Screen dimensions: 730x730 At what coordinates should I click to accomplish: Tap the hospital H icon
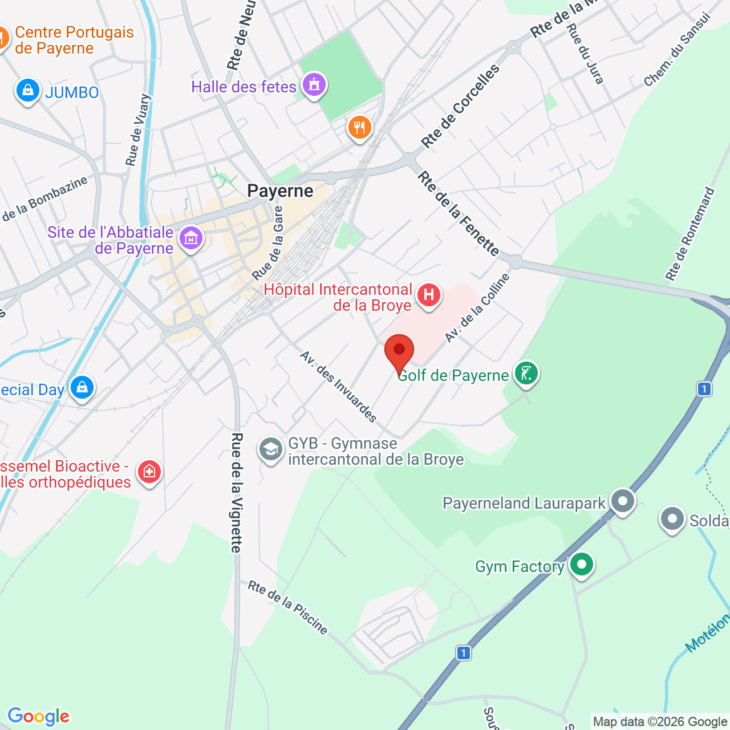(x=428, y=295)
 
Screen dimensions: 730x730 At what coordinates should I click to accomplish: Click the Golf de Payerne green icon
(x=526, y=374)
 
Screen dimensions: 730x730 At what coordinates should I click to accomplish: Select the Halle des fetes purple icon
(x=314, y=86)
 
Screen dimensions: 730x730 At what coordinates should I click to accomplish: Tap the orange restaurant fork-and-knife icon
(x=359, y=128)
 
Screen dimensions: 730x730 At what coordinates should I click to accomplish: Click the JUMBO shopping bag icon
(x=27, y=90)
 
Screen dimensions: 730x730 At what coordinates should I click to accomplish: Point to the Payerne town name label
(x=280, y=191)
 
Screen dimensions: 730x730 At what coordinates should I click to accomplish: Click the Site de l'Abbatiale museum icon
(x=190, y=238)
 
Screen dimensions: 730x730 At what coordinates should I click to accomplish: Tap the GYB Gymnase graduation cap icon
(x=270, y=450)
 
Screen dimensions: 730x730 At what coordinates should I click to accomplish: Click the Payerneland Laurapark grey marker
(x=622, y=502)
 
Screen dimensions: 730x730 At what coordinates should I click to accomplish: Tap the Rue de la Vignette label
(x=237, y=493)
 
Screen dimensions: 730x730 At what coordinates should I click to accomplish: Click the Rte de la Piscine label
(x=288, y=607)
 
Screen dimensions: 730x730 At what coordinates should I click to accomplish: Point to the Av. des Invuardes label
(x=338, y=387)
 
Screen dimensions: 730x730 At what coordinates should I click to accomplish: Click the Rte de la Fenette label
(x=458, y=214)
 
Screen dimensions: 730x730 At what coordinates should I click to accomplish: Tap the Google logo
(x=39, y=716)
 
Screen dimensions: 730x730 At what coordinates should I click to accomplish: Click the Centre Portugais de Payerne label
(x=74, y=40)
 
